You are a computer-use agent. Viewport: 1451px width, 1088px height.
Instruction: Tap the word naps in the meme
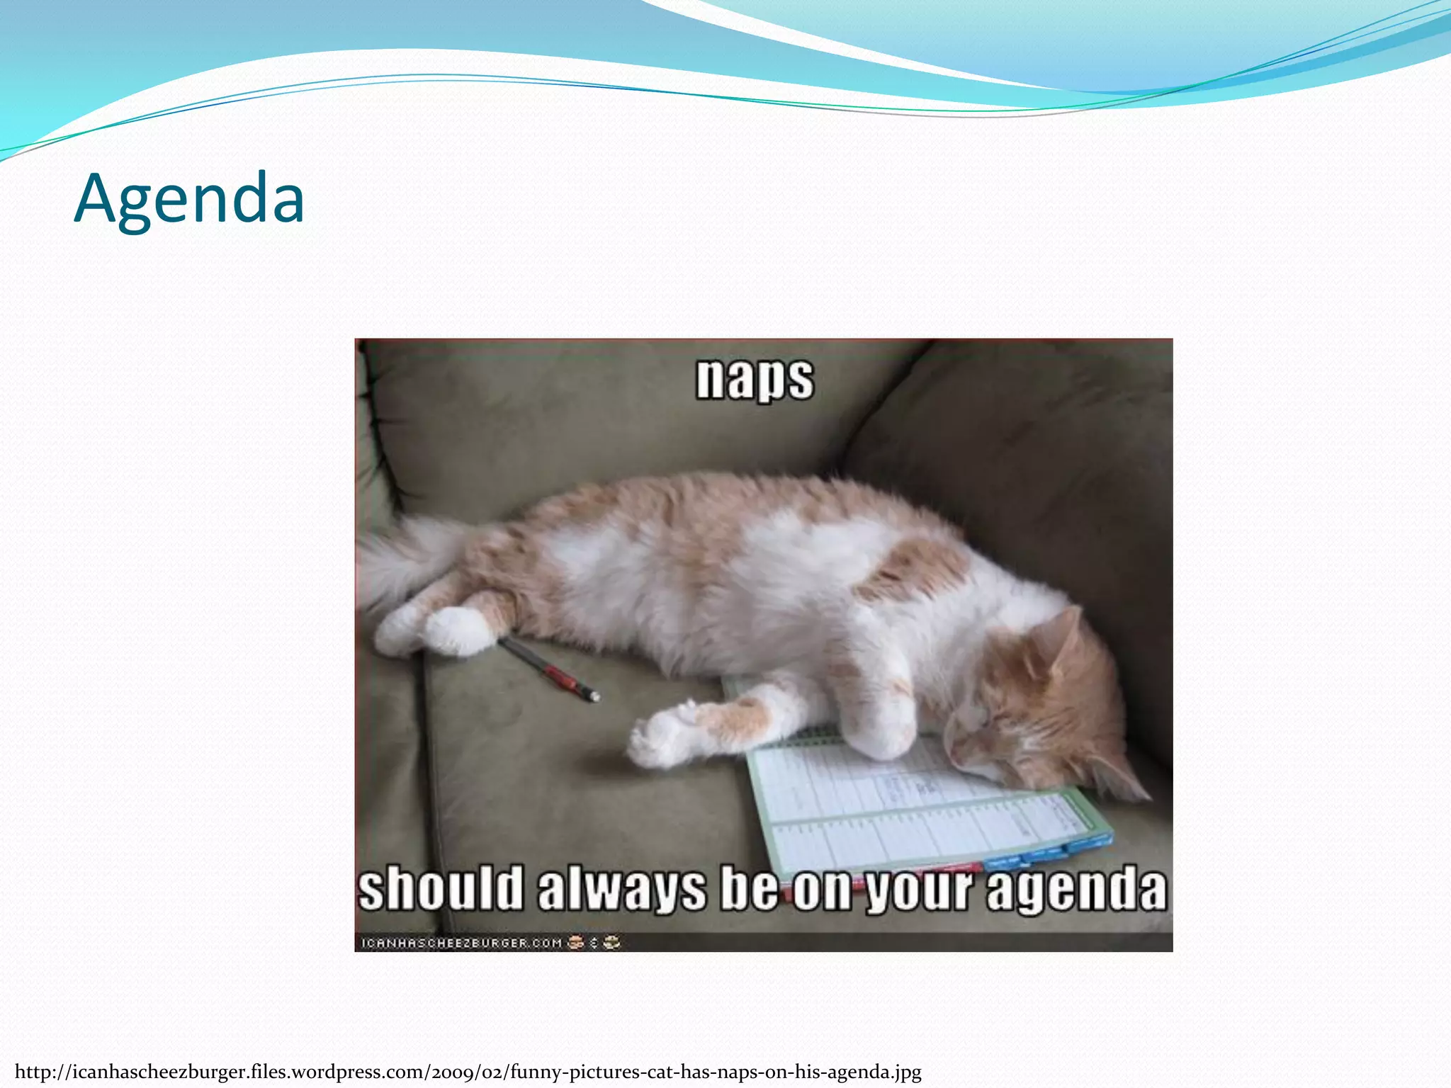tap(755, 379)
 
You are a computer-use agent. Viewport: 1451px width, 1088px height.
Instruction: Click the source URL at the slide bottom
tap(468, 1072)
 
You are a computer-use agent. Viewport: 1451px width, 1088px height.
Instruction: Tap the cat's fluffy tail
tap(404, 560)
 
